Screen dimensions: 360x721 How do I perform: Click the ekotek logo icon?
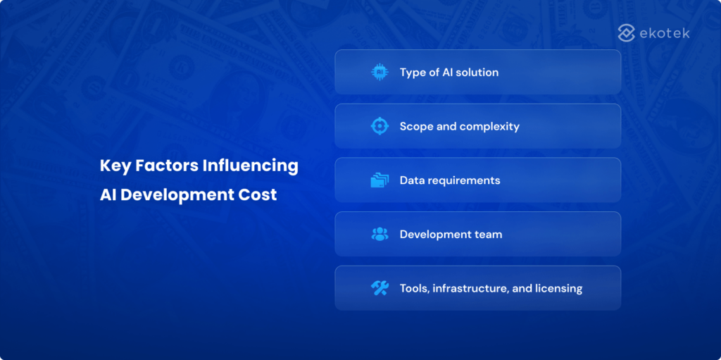[627, 32]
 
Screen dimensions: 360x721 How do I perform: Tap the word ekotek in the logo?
[666, 33]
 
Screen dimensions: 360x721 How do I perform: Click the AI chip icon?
[380, 72]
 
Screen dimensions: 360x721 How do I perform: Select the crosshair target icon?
[380, 126]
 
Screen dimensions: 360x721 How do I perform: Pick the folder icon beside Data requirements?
[380, 180]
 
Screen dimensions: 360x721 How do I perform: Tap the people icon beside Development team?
[380, 234]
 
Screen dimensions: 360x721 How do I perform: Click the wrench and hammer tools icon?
[380, 288]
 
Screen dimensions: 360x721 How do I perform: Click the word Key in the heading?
[114, 166]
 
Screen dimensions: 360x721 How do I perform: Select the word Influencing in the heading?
[251, 166]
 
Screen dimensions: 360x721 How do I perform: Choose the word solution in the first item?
[477, 72]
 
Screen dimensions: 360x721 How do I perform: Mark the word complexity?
[489, 127]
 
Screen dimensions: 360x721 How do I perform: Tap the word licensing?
[559, 289]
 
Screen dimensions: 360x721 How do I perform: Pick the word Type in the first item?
[413, 73]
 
